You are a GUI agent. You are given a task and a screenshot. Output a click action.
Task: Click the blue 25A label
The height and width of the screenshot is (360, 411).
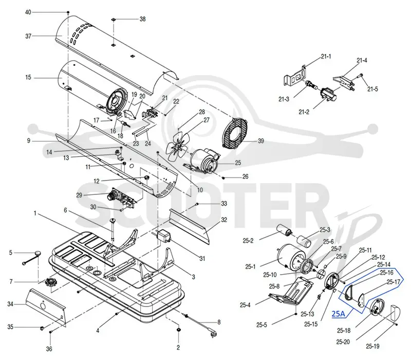click(x=339, y=314)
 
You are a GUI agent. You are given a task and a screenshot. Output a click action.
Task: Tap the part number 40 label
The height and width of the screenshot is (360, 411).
click(x=28, y=12)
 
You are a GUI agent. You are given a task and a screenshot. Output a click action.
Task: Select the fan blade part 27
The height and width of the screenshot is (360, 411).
click(x=177, y=148)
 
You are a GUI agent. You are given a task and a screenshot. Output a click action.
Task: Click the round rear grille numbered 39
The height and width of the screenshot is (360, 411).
click(x=234, y=133)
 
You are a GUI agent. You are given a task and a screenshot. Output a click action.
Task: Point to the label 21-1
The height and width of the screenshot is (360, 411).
click(x=326, y=57)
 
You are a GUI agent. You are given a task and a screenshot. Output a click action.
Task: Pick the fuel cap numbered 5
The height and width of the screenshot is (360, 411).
click(x=38, y=253)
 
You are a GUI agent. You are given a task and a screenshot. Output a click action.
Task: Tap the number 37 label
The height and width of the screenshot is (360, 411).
click(x=28, y=36)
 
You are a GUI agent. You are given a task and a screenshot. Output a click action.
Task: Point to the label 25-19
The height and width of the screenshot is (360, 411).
click(x=372, y=346)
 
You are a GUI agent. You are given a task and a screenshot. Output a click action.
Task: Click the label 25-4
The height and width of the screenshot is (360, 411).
click(x=245, y=305)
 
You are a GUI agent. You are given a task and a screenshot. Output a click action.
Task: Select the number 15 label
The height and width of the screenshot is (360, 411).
click(x=28, y=78)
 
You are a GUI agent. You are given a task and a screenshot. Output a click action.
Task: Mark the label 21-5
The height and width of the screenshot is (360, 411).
click(x=372, y=89)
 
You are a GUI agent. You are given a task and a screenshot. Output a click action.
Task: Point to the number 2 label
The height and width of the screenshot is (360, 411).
click(x=178, y=348)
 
